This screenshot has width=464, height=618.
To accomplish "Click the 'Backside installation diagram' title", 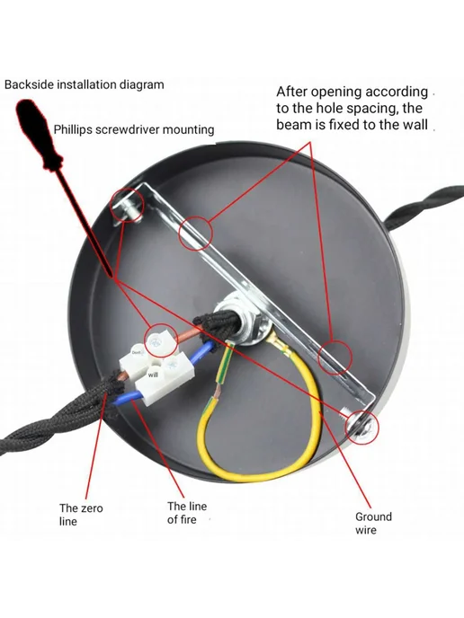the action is (84, 84).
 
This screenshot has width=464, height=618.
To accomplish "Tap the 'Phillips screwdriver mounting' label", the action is (134, 129).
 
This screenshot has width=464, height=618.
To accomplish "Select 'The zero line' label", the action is (81, 515).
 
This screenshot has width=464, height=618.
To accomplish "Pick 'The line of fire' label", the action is (187, 512).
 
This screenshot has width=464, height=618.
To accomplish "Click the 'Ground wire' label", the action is (373, 523).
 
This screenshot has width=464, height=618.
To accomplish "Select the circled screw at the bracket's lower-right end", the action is (361, 427).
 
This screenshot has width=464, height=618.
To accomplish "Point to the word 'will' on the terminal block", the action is (153, 375).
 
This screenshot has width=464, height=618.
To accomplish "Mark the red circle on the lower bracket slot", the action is (335, 358).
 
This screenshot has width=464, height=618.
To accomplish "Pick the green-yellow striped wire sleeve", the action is (223, 365).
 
